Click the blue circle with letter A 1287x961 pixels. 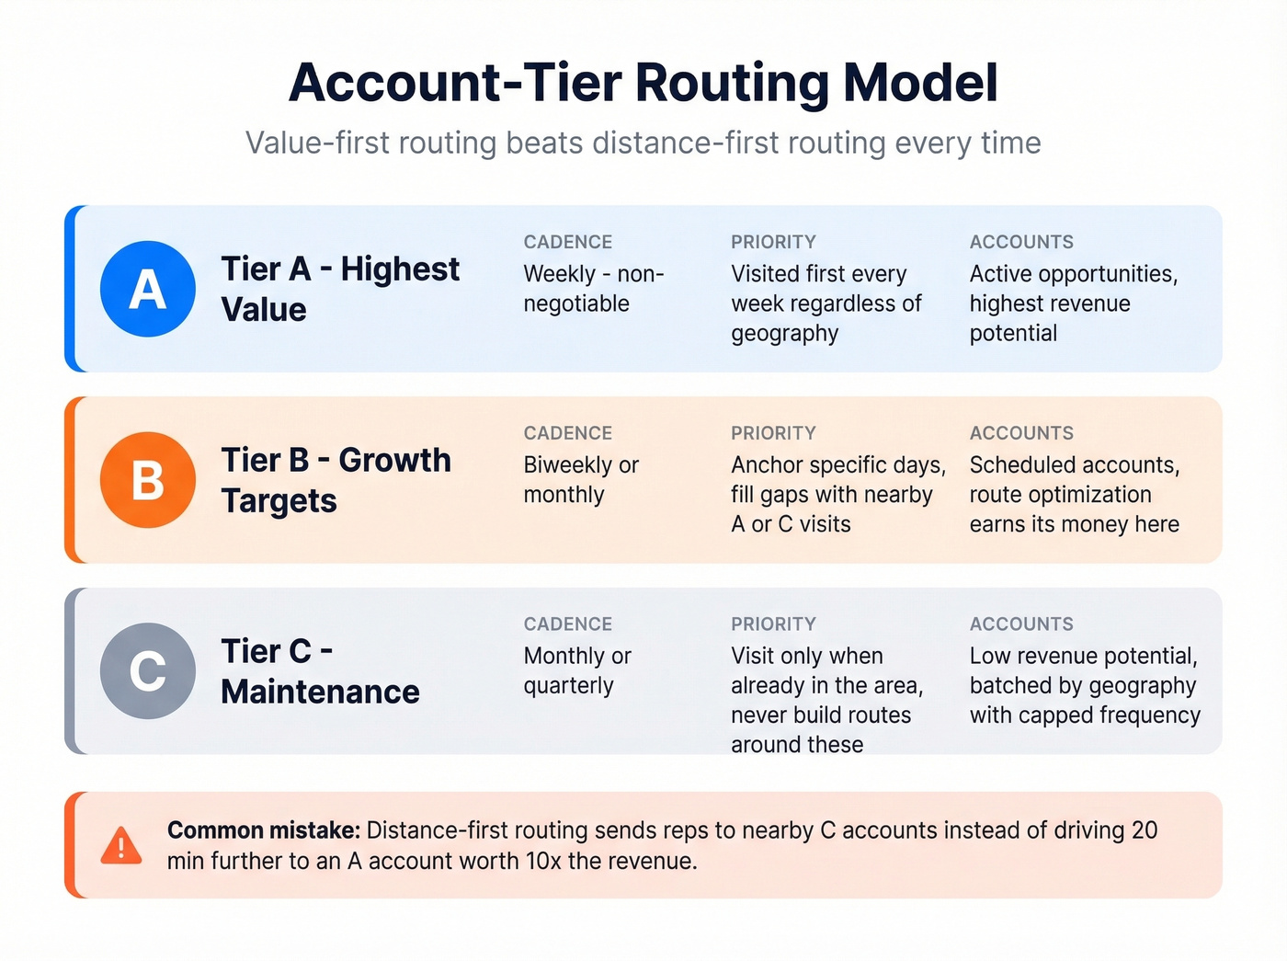[x=148, y=289]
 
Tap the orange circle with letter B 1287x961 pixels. [x=148, y=480]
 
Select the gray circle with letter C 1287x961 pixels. [x=148, y=670]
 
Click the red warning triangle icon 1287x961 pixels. [x=121, y=846]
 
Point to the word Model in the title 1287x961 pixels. [x=920, y=83]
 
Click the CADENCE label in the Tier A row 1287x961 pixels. [x=568, y=242]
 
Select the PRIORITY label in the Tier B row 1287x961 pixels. [x=773, y=433]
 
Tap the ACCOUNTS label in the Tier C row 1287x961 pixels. [x=1021, y=624]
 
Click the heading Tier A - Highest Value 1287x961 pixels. [x=340, y=289]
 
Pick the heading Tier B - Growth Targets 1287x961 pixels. [x=336, y=480]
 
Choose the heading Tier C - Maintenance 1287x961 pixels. [x=320, y=671]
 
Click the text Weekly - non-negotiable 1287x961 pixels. [x=594, y=289]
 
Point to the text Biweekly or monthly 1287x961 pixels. [x=581, y=480]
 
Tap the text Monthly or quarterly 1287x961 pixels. [x=577, y=670]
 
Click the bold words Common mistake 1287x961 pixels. [x=264, y=830]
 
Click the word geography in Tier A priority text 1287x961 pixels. [x=785, y=333]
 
